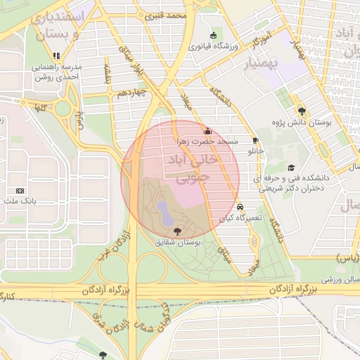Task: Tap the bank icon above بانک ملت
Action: point(20,191)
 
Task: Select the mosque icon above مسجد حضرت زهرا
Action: point(207,131)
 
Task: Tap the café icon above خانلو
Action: point(255,140)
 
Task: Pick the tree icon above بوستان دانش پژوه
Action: point(302,110)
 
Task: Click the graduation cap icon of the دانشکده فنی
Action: point(291,168)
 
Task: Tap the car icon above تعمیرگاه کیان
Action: point(241,207)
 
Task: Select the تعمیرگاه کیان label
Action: point(240,218)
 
